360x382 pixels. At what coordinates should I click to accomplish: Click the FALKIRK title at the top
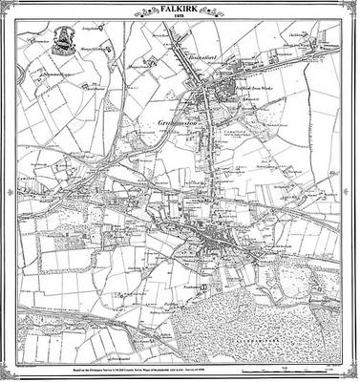point(179,8)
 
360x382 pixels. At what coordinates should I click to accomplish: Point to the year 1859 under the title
point(179,18)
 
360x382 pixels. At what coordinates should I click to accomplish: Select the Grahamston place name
point(173,123)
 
